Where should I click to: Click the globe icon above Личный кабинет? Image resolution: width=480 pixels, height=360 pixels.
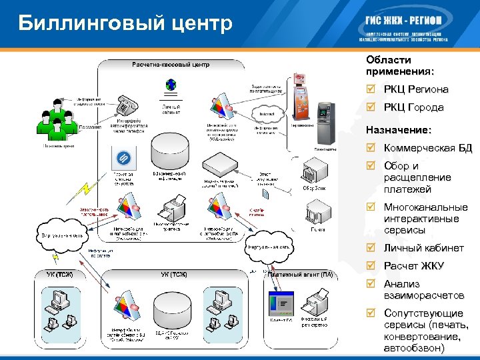171,85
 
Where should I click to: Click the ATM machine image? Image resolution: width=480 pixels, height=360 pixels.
325,123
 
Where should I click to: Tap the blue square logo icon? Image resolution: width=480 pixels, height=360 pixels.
123,158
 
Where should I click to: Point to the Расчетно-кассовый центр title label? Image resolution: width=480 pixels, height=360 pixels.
171,65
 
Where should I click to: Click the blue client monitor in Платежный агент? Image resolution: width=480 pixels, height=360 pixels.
283,305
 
